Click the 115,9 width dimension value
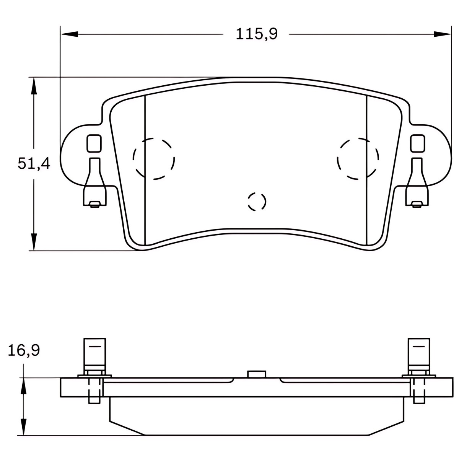(257, 34)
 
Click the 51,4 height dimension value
(34, 164)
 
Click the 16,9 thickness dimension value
(24, 350)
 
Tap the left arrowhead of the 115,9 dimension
(70, 34)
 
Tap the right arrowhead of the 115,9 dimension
(442, 34)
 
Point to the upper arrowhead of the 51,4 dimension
(34, 86)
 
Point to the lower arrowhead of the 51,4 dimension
(34, 241)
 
